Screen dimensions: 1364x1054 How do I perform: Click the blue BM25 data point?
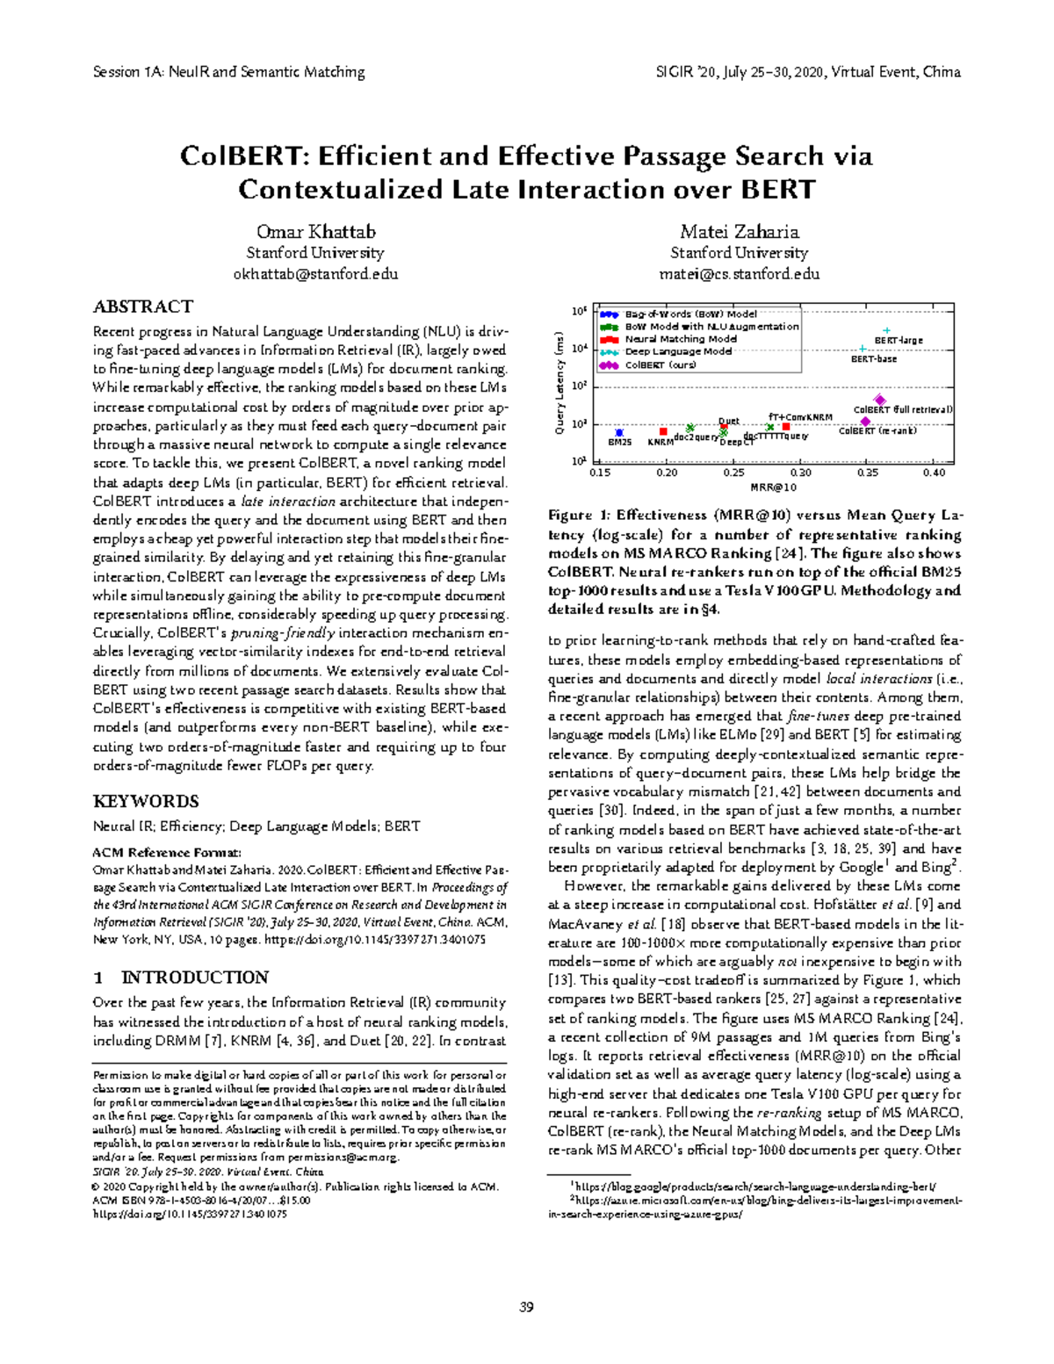pyautogui.click(x=620, y=432)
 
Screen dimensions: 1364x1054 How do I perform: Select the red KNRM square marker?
pyautogui.click(x=664, y=431)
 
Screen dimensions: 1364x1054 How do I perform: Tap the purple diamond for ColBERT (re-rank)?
pyautogui.click(x=866, y=422)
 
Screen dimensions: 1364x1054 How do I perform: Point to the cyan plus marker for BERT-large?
pyautogui.click(x=887, y=331)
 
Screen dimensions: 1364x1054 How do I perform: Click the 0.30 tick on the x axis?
pyautogui.click(x=800, y=473)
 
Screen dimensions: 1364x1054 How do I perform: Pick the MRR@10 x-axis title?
pyautogui.click(x=774, y=487)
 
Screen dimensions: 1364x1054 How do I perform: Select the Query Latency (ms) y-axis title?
pyautogui.click(x=559, y=382)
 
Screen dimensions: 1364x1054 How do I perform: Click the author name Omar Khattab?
pyautogui.click(x=315, y=232)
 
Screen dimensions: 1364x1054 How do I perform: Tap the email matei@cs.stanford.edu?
pyautogui.click(x=739, y=274)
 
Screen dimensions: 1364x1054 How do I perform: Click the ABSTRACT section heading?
pyautogui.click(x=142, y=307)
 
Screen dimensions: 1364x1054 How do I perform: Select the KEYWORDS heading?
pyautogui.click(x=146, y=801)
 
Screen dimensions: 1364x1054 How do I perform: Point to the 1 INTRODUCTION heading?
pyautogui.click(x=181, y=978)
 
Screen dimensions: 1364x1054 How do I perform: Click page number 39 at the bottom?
pyautogui.click(x=526, y=1307)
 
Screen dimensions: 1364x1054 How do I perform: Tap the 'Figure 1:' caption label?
pyautogui.click(x=578, y=516)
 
